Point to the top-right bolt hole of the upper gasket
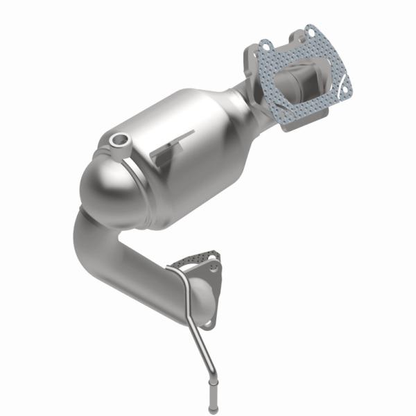[313, 33]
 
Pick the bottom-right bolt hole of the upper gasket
[340, 89]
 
